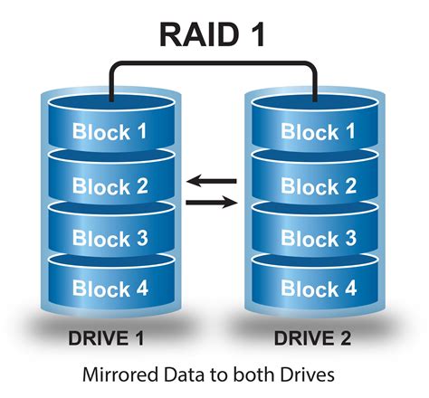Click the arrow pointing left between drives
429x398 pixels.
click(211, 181)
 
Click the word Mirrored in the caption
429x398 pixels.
click(117, 373)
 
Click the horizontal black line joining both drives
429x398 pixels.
click(214, 63)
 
